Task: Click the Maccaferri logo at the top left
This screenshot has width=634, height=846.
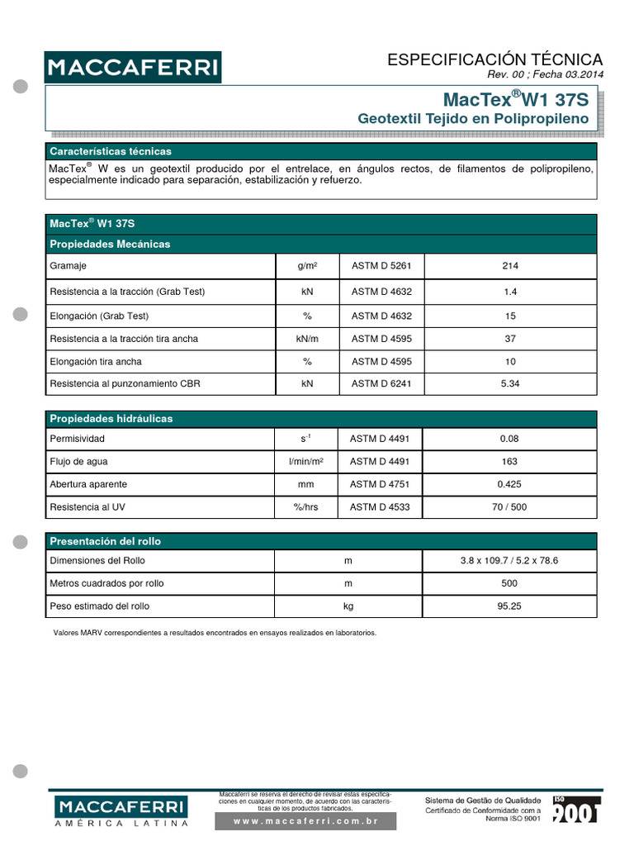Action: coord(132,67)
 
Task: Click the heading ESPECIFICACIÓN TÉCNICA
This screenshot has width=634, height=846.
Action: coord(494,59)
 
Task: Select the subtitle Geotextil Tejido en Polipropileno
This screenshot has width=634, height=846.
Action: coord(473,119)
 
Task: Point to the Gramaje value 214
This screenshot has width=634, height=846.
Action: coord(509,266)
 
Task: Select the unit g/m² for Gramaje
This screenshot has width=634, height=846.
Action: coord(307,266)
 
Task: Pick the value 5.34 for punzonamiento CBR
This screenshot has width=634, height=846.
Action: coord(509,384)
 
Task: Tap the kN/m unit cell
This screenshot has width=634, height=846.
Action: coord(307,339)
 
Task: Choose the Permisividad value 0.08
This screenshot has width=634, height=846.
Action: coord(509,439)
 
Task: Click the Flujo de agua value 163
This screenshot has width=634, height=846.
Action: coord(509,461)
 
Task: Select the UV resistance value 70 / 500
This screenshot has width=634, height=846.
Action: coord(509,507)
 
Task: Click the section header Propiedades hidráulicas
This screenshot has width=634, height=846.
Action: coord(111,419)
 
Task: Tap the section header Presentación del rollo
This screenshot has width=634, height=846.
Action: coord(106,541)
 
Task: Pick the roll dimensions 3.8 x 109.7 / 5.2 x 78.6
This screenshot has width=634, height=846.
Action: coord(509,561)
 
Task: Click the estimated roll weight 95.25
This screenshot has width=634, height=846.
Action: coord(509,606)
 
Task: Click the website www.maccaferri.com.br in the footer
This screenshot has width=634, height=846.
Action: coord(305,821)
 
